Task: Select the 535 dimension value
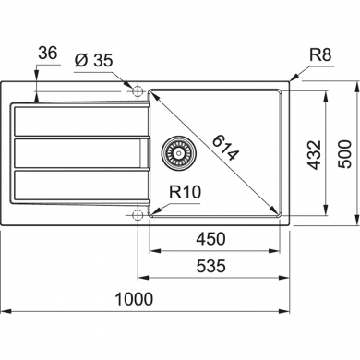(213, 268)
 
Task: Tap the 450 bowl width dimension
(213, 239)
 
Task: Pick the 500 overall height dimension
(345, 151)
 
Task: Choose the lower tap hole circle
(138, 215)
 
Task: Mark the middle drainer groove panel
(78, 152)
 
